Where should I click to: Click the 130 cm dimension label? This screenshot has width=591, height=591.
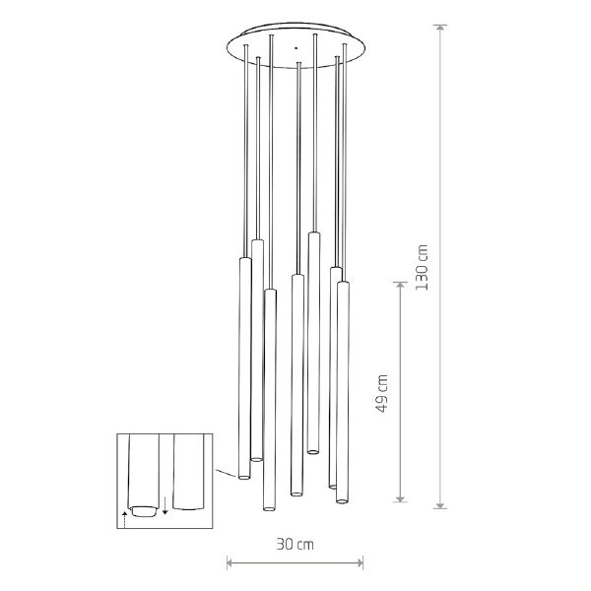(422, 267)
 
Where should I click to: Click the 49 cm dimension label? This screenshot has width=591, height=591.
(382, 393)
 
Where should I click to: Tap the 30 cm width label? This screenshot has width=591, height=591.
(295, 545)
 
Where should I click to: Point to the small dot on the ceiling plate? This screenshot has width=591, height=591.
(295, 48)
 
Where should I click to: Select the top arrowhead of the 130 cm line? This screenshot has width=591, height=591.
(440, 30)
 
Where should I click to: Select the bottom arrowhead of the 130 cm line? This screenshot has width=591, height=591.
(440, 504)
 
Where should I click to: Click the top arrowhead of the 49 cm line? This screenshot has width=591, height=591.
(400, 286)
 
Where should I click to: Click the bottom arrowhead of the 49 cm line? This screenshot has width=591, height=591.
(400, 497)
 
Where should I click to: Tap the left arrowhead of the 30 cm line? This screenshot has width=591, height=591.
(231, 563)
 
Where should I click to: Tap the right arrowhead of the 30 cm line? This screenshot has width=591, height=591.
(359, 563)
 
